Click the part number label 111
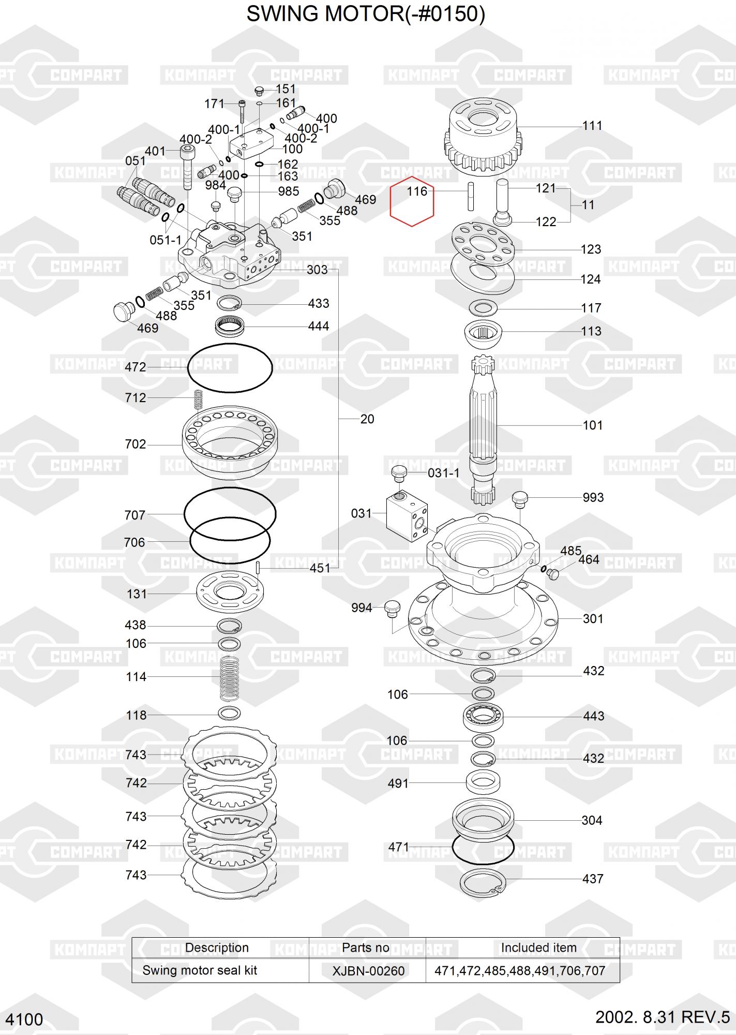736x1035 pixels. tap(592, 126)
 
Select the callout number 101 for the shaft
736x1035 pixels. tap(593, 425)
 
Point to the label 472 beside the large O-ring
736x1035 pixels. tap(136, 367)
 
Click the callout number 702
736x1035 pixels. tap(136, 445)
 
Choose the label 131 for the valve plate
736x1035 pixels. tap(137, 594)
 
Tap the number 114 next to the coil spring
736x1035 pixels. tap(137, 677)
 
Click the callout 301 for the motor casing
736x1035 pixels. tap(593, 619)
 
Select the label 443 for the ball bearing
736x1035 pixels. tap(594, 716)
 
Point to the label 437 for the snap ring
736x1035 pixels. tap(593, 879)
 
